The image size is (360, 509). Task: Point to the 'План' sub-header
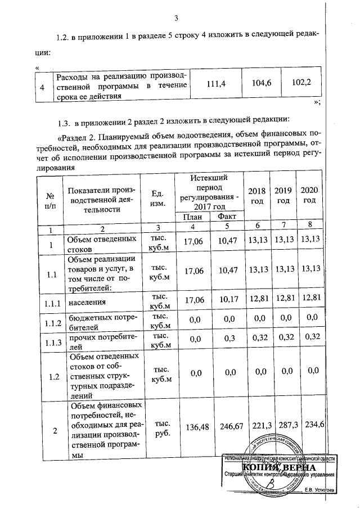pyautogui.click(x=192, y=217)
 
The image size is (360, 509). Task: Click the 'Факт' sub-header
pyautogui.click(x=227, y=217)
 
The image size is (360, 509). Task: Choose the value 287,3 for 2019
pyautogui.click(x=283, y=426)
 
